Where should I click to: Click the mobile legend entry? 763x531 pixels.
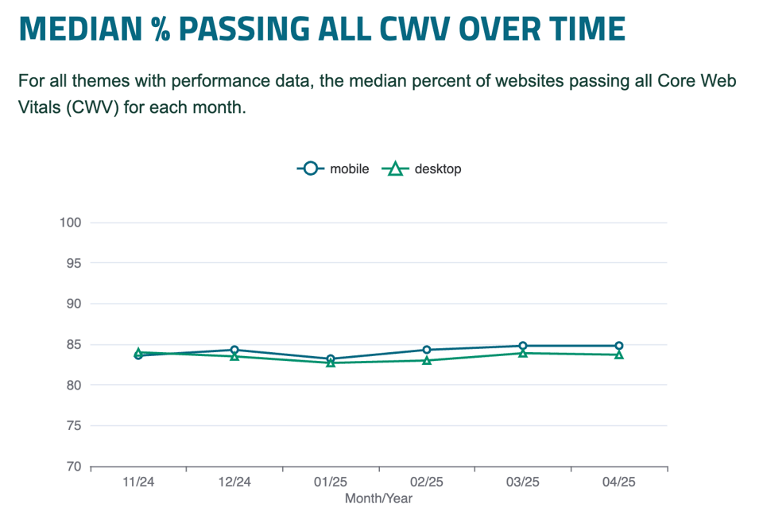(x=334, y=169)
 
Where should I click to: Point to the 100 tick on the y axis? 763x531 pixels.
(x=71, y=222)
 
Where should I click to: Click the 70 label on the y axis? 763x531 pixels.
(x=74, y=467)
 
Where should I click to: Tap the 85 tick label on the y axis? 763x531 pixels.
(x=74, y=344)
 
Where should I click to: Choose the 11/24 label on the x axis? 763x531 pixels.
(x=138, y=483)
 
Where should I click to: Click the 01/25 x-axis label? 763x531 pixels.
(x=331, y=483)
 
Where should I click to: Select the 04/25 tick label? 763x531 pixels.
(x=618, y=483)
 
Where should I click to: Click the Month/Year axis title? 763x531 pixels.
(x=378, y=498)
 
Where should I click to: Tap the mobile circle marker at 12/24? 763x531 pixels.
(x=234, y=350)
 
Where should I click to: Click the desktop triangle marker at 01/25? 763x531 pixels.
(x=331, y=362)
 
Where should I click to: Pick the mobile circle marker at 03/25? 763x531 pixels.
(x=522, y=346)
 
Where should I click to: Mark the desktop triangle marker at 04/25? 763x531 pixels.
(x=618, y=355)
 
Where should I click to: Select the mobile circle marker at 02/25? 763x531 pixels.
(x=427, y=350)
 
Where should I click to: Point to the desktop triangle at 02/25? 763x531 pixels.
(x=427, y=360)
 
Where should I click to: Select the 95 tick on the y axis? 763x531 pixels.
(x=74, y=262)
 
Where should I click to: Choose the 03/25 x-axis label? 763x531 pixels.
(x=522, y=483)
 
